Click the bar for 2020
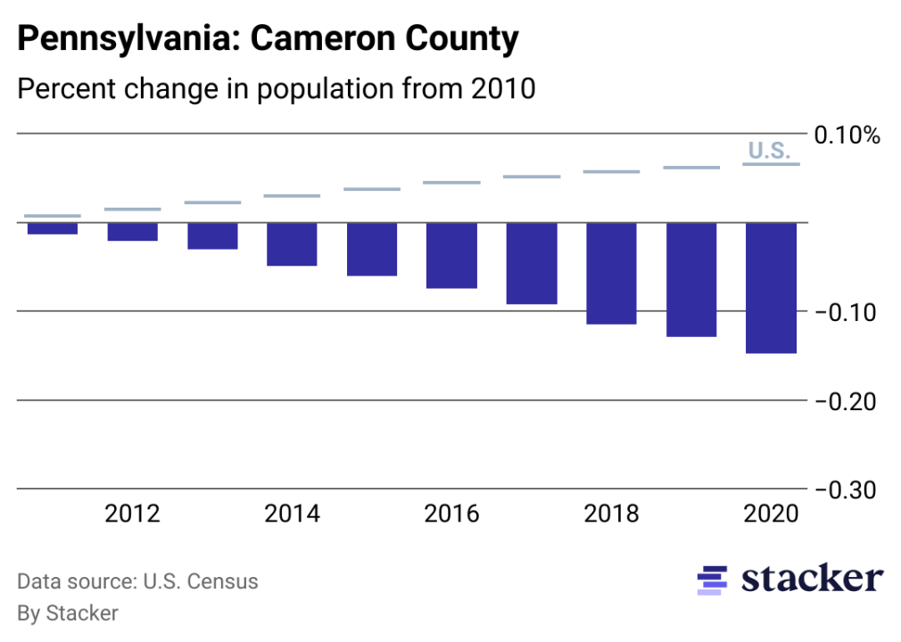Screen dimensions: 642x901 (x=771, y=287)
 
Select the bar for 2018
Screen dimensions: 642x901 (x=611, y=273)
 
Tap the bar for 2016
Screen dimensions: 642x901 (x=451, y=255)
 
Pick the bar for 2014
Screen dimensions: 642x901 (x=292, y=243)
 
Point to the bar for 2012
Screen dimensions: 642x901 (x=132, y=231)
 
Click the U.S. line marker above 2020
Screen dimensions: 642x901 (x=771, y=164)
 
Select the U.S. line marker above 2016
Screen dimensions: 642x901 (x=451, y=183)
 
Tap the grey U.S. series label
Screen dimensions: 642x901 (x=769, y=151)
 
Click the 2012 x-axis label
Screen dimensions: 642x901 (x=132, y=514)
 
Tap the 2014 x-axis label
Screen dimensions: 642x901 (x=292, y=514)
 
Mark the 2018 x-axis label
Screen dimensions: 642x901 (x=611, y=514)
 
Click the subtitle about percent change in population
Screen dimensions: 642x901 (x=276, y=89)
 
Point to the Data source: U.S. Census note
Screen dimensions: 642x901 (x=137, y=582)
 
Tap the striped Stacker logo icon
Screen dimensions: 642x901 (x=711, y=580)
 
